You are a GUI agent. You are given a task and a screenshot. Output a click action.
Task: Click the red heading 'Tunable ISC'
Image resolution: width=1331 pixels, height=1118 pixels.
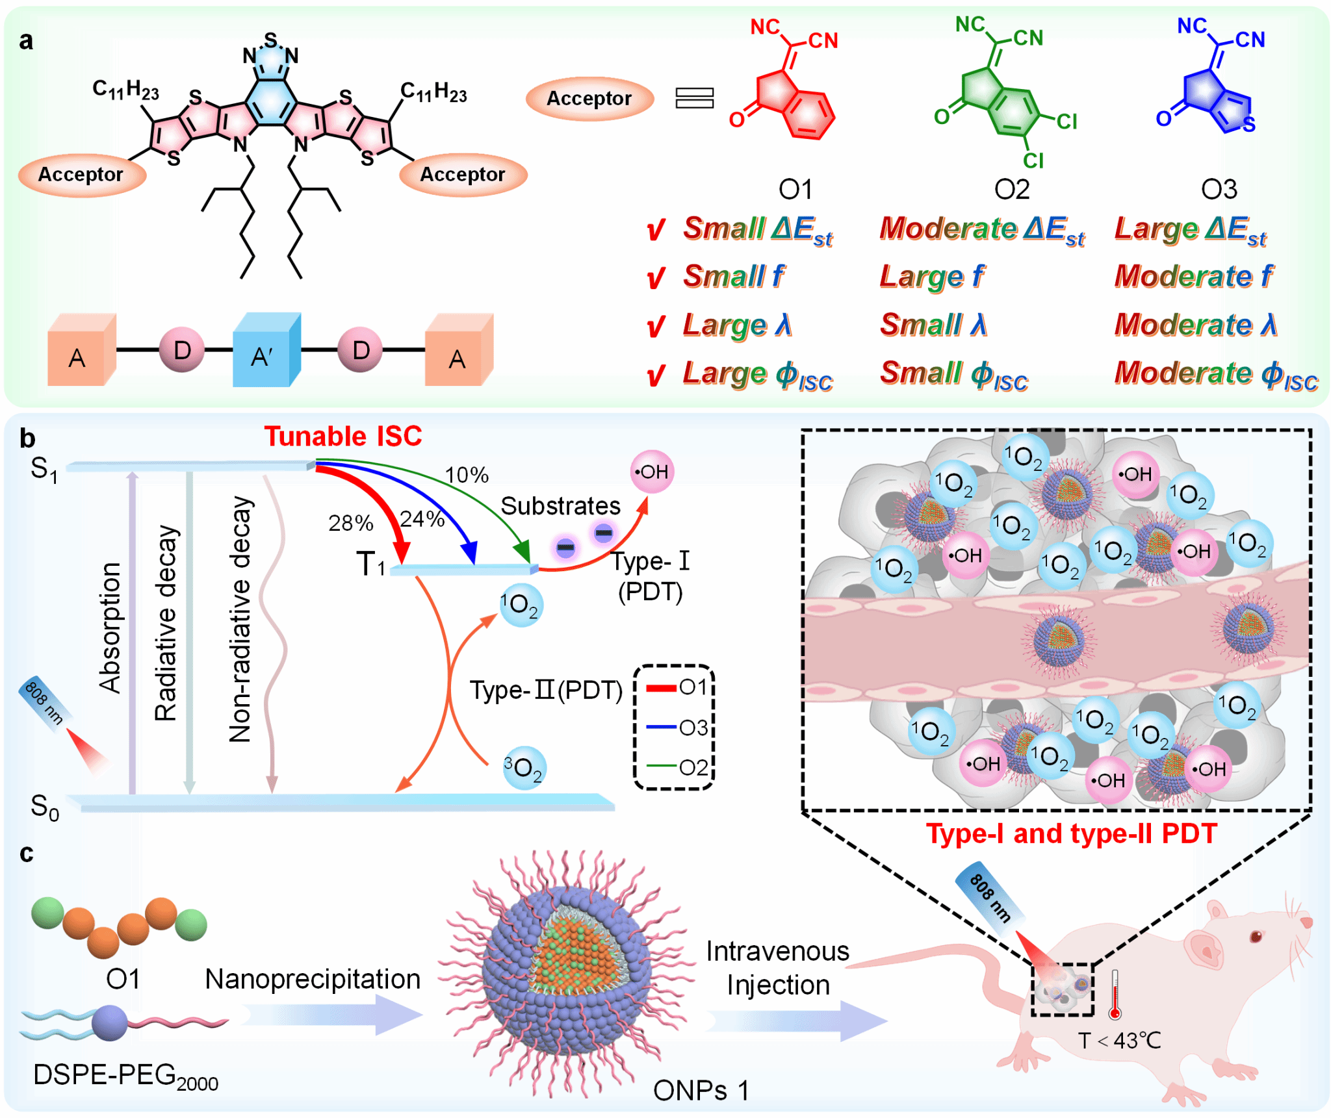tap(342, 437)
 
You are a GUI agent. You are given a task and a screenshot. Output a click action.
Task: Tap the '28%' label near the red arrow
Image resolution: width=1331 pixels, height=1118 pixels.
tap(350, 523)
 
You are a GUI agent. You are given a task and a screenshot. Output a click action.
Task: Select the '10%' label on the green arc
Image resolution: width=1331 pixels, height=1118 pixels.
tap(467, 475)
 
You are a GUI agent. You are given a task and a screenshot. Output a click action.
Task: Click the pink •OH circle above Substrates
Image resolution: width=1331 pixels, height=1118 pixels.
tap(652, 472)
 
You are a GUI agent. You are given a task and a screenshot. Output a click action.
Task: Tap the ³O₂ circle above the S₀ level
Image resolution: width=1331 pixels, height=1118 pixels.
tap(524, 768)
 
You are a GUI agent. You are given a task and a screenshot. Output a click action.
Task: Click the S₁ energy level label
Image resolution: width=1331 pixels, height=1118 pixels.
tap(44, 469)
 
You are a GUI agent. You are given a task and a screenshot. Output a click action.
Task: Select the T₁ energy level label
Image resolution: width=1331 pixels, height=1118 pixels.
tap(371, 564)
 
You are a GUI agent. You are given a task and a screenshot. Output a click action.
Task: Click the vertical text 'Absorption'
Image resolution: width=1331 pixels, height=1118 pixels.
tap(110, 628)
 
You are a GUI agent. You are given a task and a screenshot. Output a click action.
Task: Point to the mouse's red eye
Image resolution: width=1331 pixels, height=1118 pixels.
tap(1256, 936)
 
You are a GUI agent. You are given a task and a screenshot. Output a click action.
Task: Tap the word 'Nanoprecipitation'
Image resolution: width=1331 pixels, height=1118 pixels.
tap(313, 979)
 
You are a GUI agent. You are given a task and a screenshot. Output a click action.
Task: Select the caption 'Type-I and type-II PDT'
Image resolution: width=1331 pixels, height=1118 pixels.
tap(1071, 833)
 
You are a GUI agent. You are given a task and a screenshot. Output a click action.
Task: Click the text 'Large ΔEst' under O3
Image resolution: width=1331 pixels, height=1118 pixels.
tap(1190, 229)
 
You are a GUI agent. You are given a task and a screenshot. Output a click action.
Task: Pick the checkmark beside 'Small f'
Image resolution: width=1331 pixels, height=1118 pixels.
tap(656, 278)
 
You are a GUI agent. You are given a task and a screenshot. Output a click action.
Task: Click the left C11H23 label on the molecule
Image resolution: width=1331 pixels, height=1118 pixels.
tap(125, 90)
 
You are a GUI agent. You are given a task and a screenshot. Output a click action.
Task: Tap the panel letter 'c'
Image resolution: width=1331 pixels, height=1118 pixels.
tap(26, 854)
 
